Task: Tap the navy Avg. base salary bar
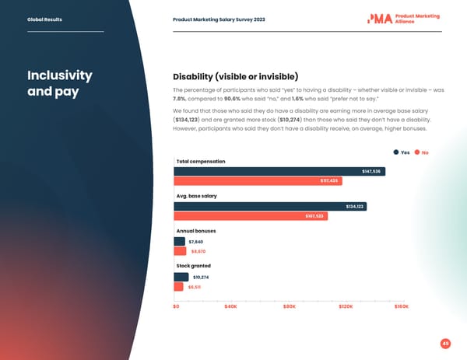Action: pyautogui.click(x=269, y=206)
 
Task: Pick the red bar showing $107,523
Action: pyautogui.click(x=250, y=216)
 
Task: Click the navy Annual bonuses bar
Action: pyautogui.click(x=179, y=241)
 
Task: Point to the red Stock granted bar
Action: pyautogui.click(x=178, y=286)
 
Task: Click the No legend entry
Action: pyautogui.click(x=421, y=152)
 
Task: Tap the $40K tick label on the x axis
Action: pyautogui.click(x=230, y=306)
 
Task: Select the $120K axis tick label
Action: pyautogui.click(x=345, y=306)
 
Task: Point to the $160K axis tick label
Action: pyautogui.click(x=402, y=306)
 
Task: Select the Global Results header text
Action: pyautogui.click(x=45, y=19)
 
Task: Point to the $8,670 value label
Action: pyautogui.click(x=198, y=251)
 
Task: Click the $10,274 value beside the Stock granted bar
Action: pyautogui.click(x=201, y=277)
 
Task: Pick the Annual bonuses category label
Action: pyautogui.click(x=196, y=231)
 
